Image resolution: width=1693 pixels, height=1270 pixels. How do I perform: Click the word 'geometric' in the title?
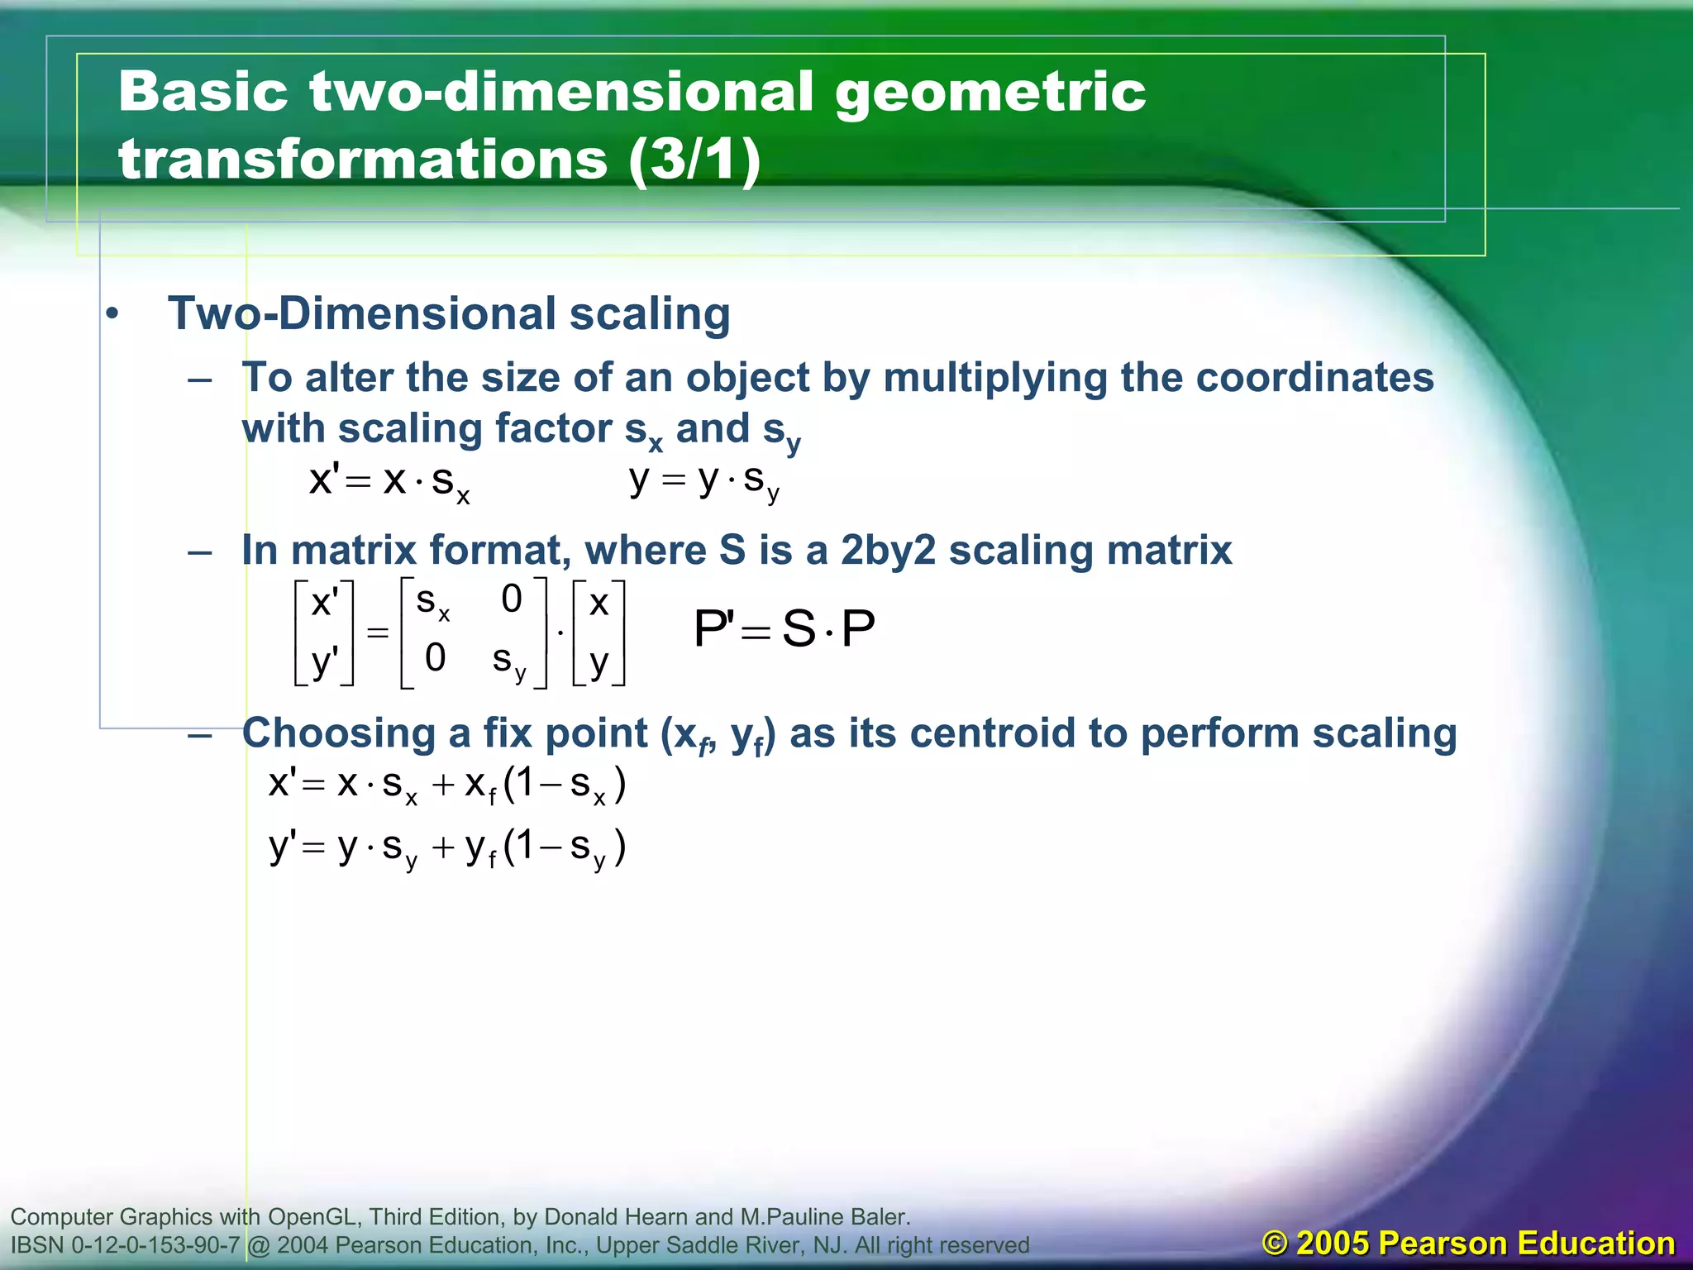(990, 93)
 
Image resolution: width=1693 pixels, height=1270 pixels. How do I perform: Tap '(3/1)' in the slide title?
(694, 160)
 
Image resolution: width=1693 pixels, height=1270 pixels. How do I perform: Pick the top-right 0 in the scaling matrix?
(512, 599)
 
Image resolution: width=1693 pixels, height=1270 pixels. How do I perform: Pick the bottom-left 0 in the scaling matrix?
(435, 658)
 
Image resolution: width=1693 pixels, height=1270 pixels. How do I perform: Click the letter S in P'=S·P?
(799, 629)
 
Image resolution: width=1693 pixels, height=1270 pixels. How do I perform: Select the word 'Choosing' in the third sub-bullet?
(357, 733)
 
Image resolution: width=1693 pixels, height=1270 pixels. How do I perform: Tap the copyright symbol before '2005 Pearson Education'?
(1276, 1244)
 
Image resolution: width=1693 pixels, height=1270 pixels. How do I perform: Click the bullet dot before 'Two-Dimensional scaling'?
(112, 315)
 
